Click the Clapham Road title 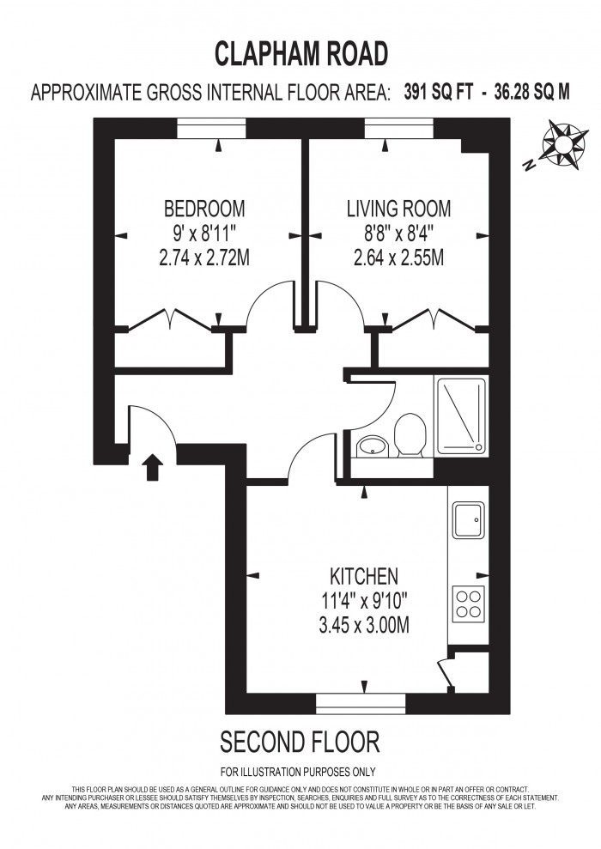click(300, 54)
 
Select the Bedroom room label click(204, 209)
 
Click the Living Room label click(398, 209)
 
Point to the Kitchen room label click(364, 575)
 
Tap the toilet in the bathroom click(409, 434)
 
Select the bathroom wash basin click(372, 446)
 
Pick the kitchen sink click(470, 518)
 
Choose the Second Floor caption click(300, 741)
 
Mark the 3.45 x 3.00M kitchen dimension click(364, 625)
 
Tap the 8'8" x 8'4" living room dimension click(398, 233)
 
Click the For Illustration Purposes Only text click(298, 771)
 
